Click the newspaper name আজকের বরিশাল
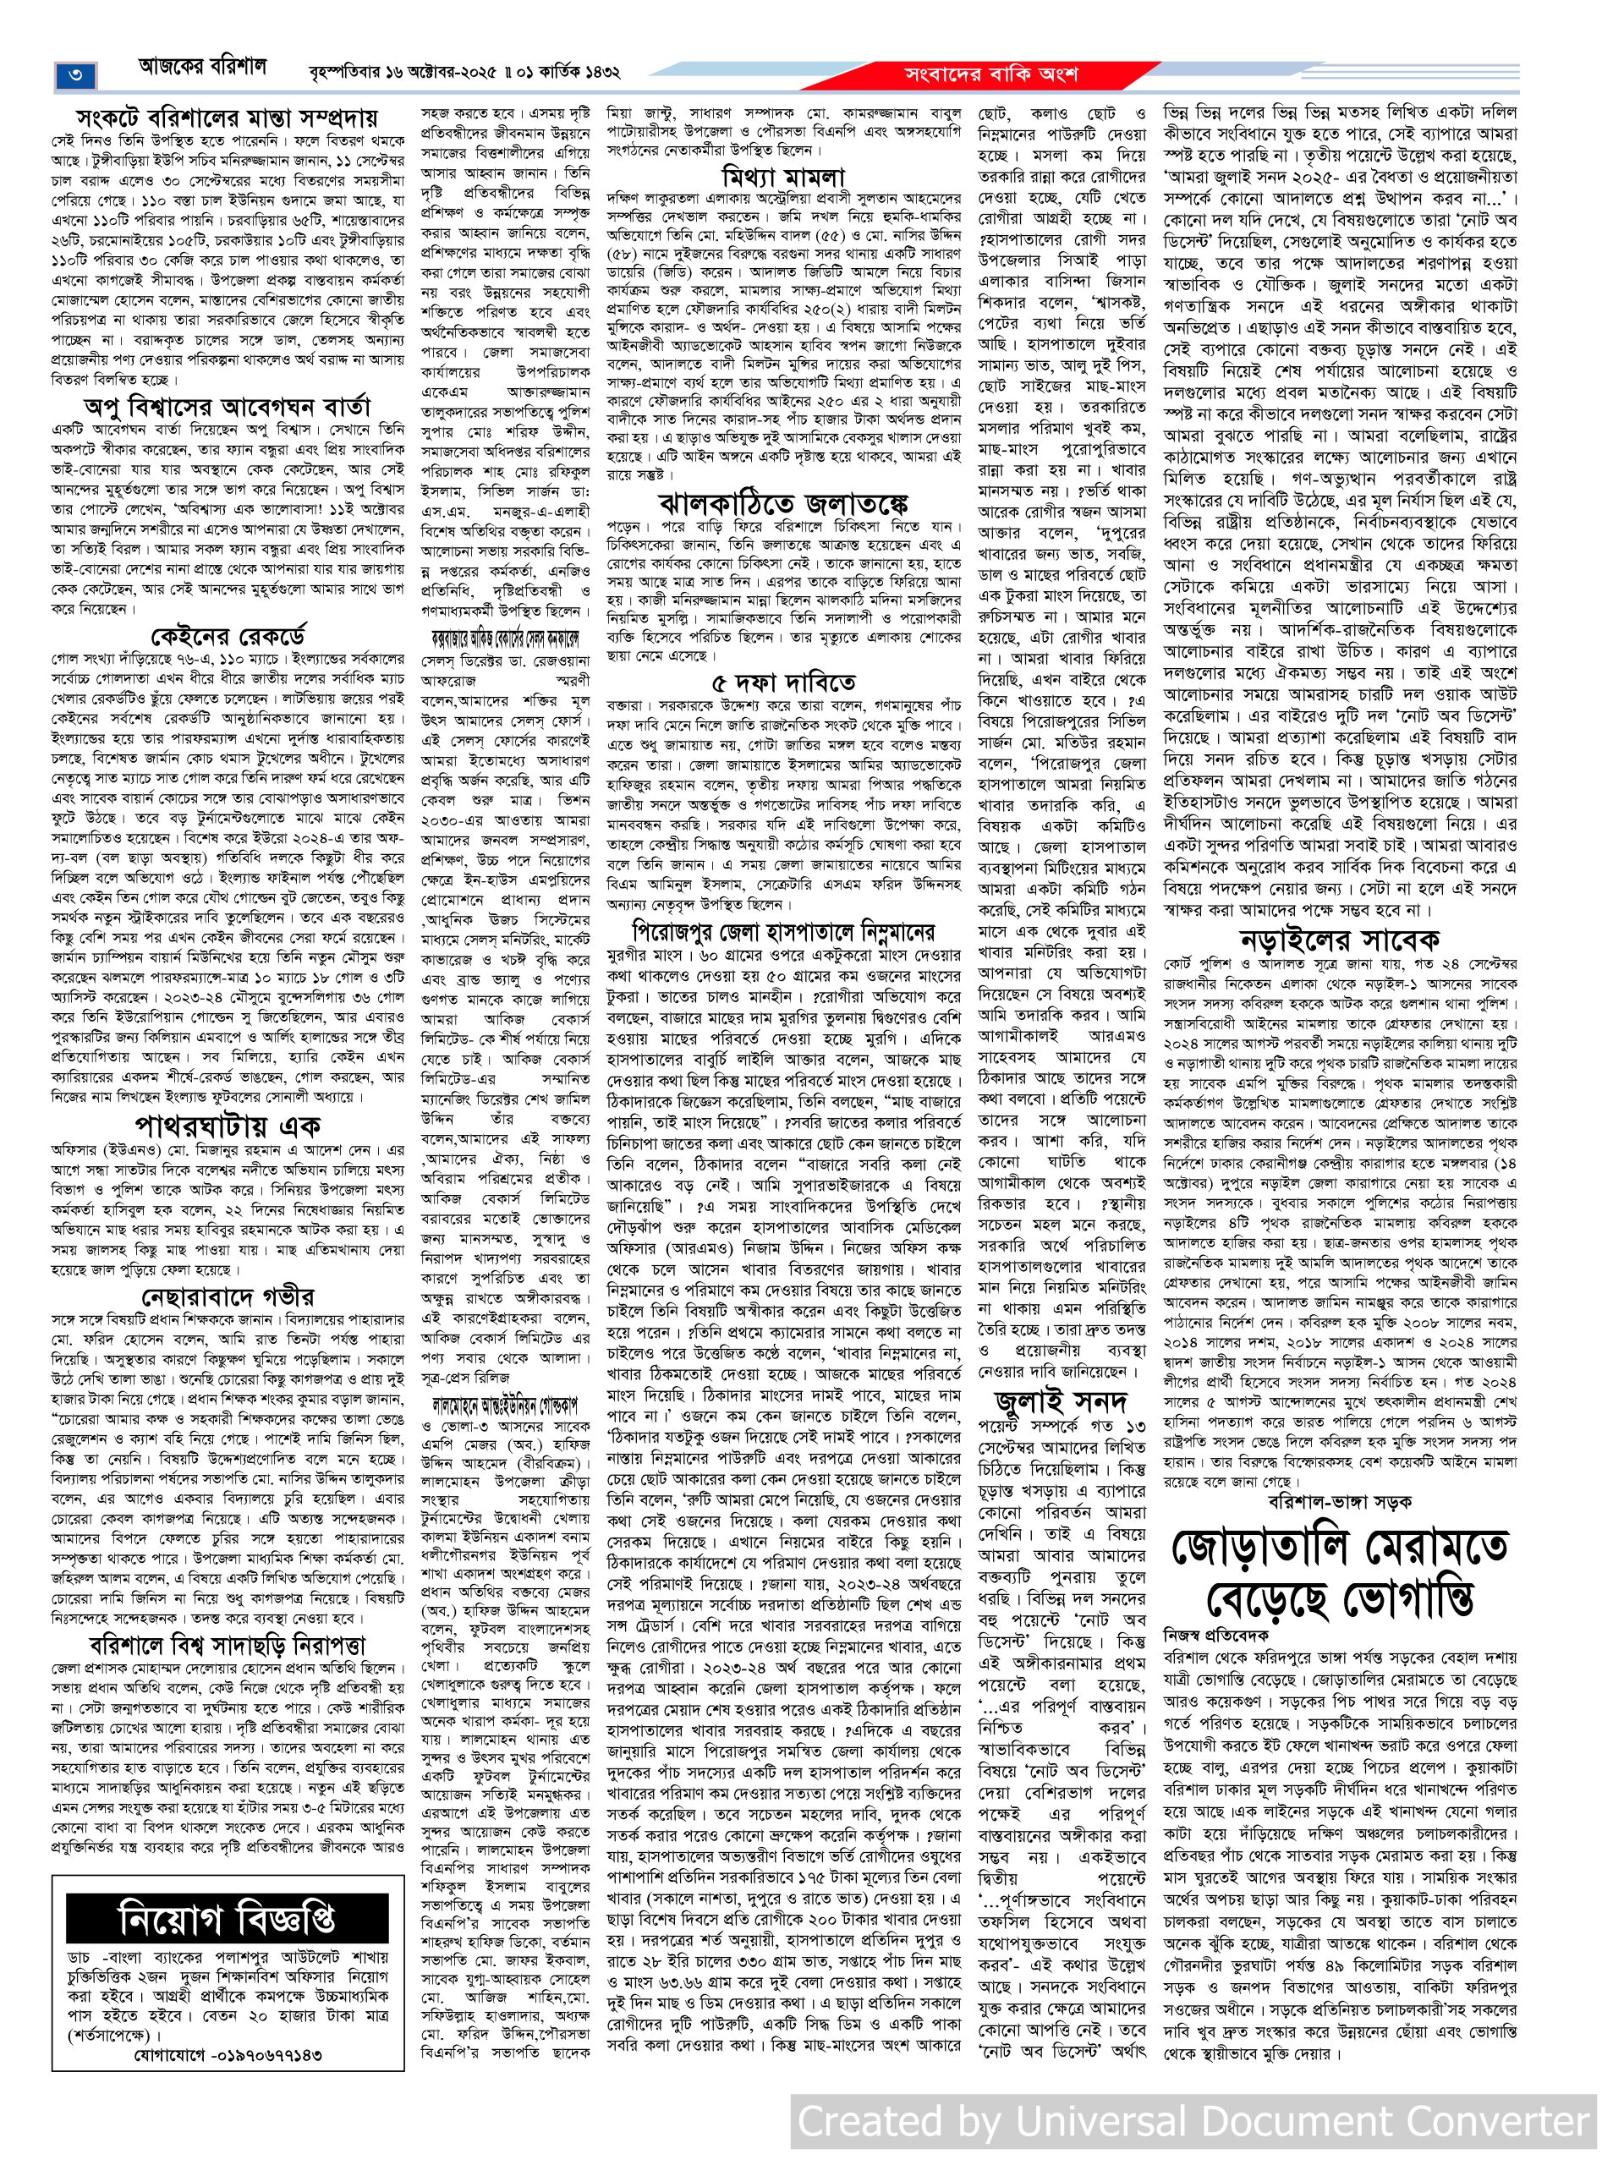click(x=201, y=70)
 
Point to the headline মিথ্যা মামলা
click(x=783, y=177)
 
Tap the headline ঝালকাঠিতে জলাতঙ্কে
click(x=783, y=504)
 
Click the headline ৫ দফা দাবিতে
click(x=783, y=679)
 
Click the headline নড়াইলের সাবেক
click(x=1340, y=941)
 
